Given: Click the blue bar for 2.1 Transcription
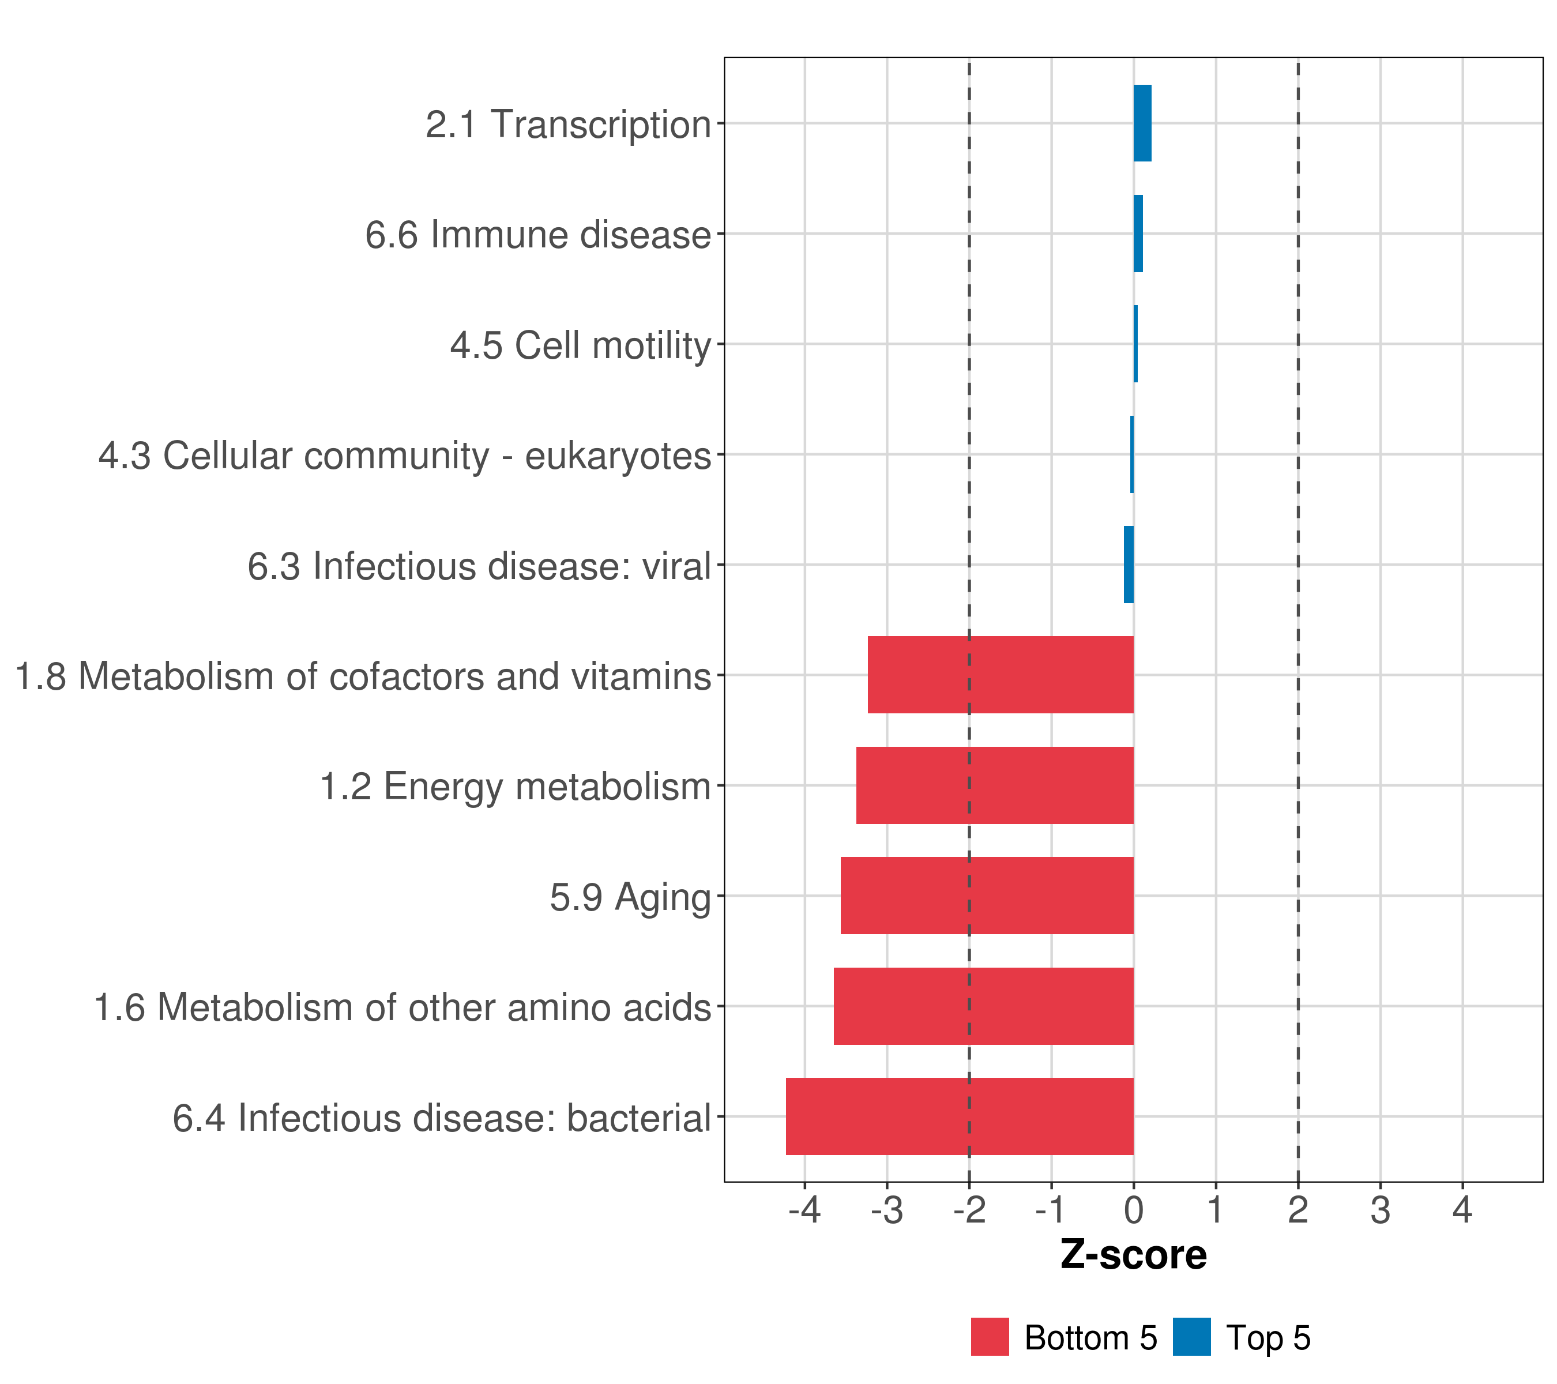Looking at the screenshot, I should click(x=1142, y=123).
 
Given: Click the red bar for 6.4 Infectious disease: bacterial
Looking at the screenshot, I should click(x=959, y=1116).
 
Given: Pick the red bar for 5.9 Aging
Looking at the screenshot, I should click(x=987, y=895).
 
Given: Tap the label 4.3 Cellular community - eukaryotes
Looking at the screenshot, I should click(x=404, y=456).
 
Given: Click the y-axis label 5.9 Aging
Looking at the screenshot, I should click(x=630, y=897).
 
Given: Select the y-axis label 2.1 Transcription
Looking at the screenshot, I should click(x=567, y=124).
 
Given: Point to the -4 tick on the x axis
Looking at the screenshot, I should click(x=804, y=1210).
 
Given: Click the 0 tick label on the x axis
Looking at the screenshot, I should click(x=1134, y=1210).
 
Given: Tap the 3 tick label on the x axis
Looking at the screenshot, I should click(x=1381, y=1210).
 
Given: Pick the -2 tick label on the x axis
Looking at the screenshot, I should click(x=969, y=1210).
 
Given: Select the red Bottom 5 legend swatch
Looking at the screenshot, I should click(x=990, y=1337).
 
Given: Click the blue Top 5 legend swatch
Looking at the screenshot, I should click(x=1191, y=1337).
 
